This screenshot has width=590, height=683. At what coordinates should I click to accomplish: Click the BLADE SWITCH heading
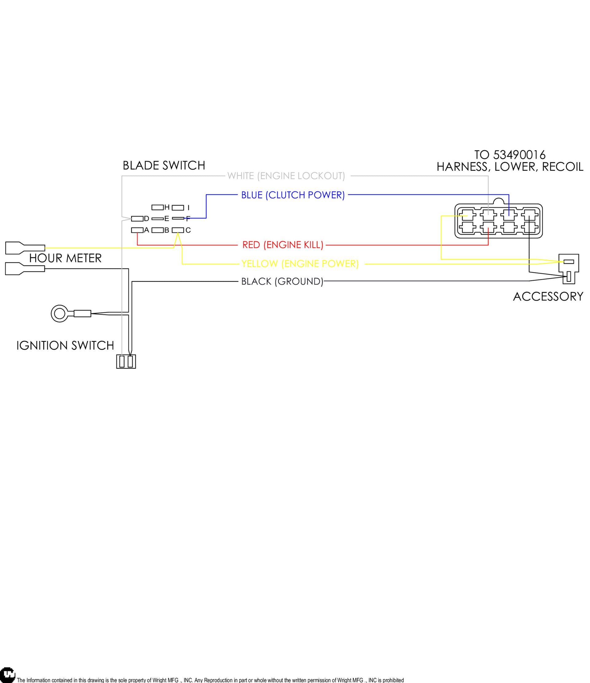[164, 165]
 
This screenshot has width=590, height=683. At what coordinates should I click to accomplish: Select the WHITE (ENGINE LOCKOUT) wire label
[286, 176]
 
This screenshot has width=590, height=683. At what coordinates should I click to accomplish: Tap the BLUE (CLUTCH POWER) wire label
[293, 195]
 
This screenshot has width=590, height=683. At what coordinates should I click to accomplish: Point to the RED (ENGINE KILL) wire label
[283, 245]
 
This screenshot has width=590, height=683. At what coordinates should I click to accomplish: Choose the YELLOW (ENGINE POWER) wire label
[300, 264]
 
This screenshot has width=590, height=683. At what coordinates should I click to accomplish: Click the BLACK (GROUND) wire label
[282, 281]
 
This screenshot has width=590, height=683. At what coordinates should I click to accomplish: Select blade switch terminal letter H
[167, 207]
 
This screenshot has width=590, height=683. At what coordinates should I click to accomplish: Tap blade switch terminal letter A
[147, 230]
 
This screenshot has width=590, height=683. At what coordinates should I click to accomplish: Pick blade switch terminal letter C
[188, 230]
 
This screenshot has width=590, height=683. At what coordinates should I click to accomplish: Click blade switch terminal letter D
[147, 219]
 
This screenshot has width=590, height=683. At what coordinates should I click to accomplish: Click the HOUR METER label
[65, 258]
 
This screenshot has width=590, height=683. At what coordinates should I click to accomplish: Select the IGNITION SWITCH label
[65, 346]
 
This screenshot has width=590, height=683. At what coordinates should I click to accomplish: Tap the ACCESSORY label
[548, 297]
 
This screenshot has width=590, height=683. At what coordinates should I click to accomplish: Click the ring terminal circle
[59, 313]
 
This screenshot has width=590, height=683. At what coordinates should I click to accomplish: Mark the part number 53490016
[519, 155]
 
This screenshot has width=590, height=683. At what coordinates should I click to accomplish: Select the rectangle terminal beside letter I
[178, 208]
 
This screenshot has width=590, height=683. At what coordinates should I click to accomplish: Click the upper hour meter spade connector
[25, 248]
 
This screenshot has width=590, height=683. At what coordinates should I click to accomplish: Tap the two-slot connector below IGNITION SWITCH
[126, 362]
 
